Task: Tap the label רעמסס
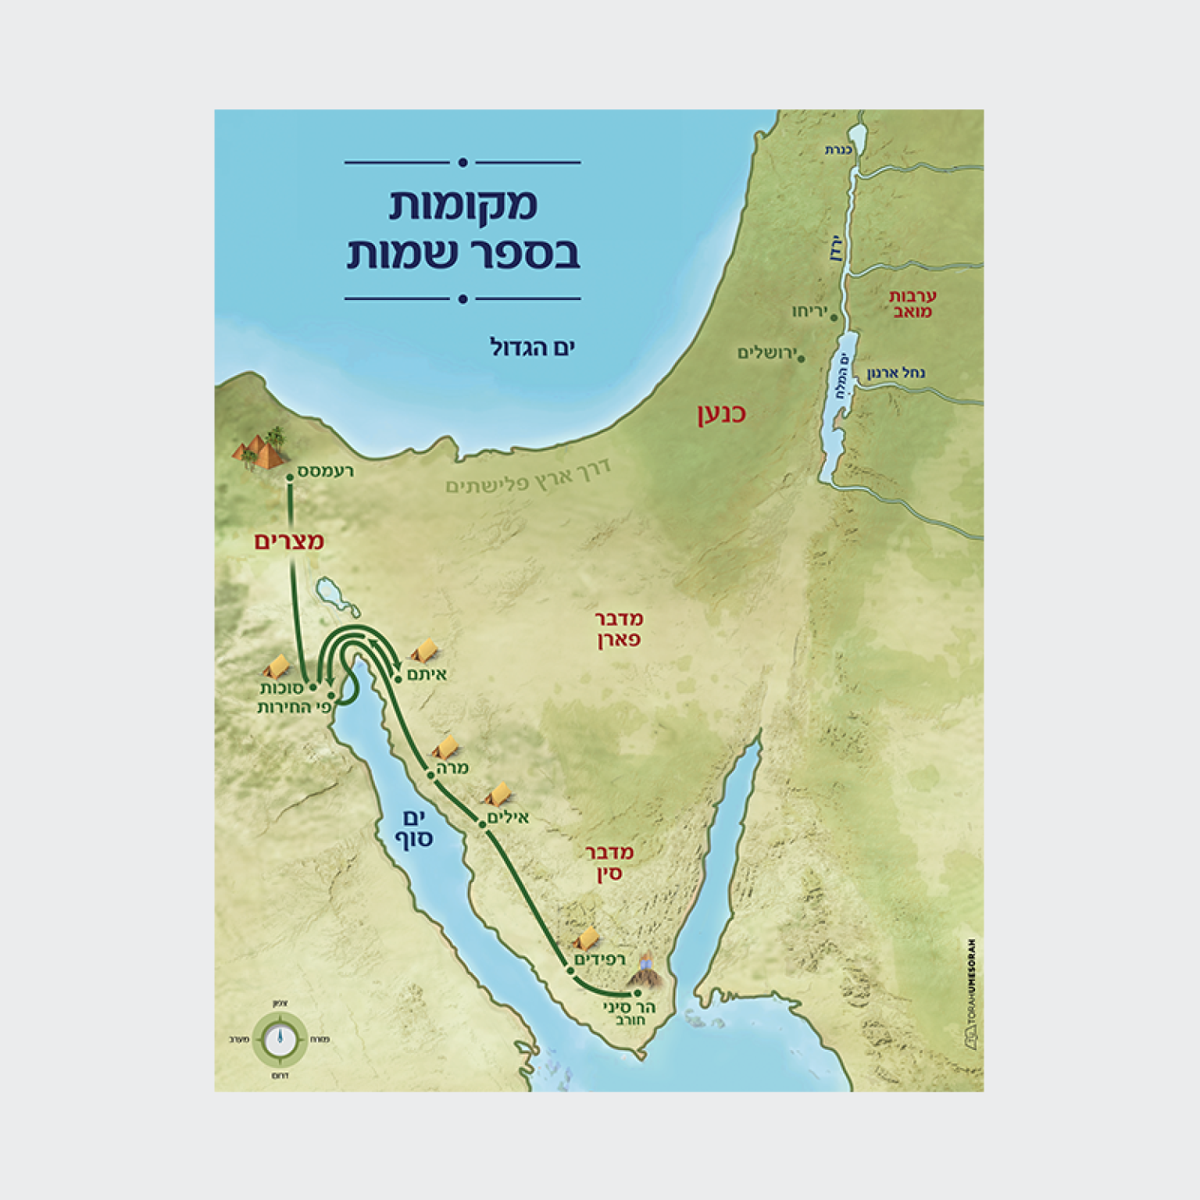pos(326,471)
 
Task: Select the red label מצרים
pos(289,541)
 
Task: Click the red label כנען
pos(721,413)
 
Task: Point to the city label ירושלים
pos(766,353)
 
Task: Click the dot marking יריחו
pos(834,318)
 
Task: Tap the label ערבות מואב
pos(912,304)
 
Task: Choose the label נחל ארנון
pos(895,373)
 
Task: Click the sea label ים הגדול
pos(532,347)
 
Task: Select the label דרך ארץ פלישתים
pos(528,477)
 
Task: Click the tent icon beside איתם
pos(424,650)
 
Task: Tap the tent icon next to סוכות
pos(277,666)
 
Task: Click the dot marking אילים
pos(483,825)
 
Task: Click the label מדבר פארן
pos(619,630)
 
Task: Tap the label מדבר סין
pos(609,862)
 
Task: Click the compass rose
pos(280,1040)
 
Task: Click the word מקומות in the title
pos(463,205)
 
